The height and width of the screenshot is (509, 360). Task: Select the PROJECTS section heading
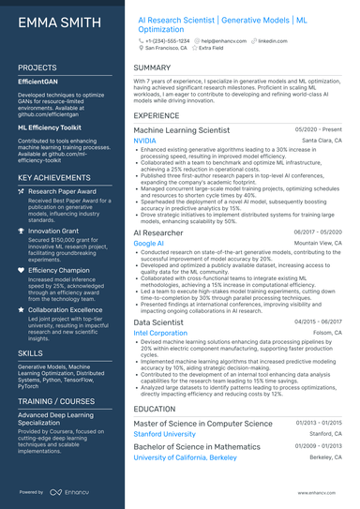(37, 68)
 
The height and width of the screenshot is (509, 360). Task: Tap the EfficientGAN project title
(39, 82)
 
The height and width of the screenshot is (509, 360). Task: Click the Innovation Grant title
(53, 230)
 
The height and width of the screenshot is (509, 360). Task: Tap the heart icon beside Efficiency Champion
(22, 269)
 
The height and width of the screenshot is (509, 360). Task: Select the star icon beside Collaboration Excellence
(22, 308)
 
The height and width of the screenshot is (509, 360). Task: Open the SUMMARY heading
(152, 68)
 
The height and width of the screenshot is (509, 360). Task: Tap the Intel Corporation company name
(160, 333)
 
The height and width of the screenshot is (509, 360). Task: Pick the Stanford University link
(170, 434)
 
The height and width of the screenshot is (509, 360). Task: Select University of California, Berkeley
(187, 457)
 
